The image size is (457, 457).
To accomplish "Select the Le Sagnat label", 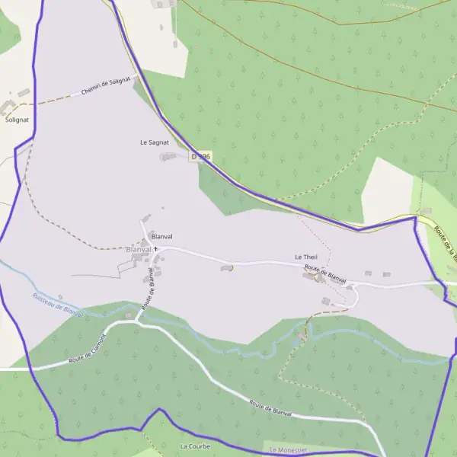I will click(x=154, y=142).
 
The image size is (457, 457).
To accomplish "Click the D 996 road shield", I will click(x=200, y=156).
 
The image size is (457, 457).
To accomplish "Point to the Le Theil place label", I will click(x=305, y=257).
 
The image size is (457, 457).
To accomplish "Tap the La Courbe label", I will click(x=194, y=446).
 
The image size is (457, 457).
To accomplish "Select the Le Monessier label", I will click(x=288, y=451).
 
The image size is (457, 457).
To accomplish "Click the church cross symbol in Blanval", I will click(x=156, y=248).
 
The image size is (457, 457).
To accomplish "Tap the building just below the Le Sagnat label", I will click(x=168, y=157).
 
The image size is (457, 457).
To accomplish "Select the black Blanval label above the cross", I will click(x=163, y=236).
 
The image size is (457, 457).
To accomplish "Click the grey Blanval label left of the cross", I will click(x=139, y=249).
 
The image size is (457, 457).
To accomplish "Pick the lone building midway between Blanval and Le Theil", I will click(x=227, y=267).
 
